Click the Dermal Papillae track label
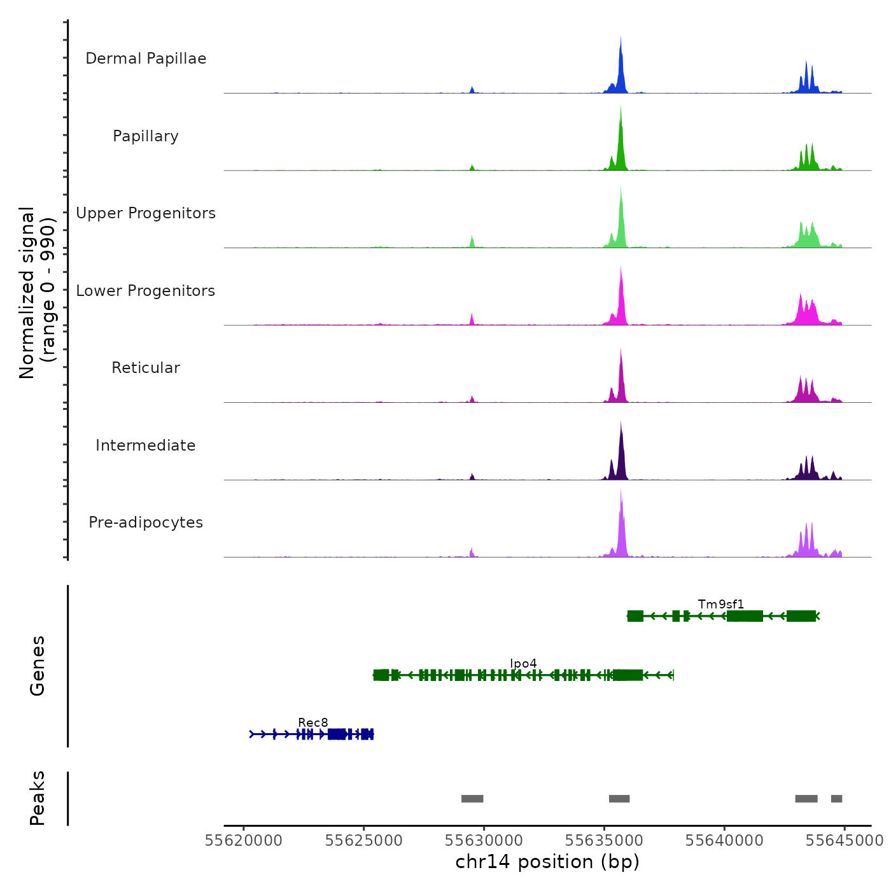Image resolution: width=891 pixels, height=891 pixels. [146, 59]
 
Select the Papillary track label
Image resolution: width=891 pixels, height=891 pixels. [146, 136]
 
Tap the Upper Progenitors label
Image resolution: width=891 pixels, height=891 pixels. [146, 213]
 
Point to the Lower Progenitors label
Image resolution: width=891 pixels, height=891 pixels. [146, 291]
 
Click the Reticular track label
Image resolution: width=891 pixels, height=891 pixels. [146, 368]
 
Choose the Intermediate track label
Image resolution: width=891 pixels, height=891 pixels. [146, 445]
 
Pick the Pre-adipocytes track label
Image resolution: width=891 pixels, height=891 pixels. [146, 523]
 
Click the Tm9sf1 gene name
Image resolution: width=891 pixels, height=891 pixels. [720, 604]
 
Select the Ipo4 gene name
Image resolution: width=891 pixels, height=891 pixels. [523, 664]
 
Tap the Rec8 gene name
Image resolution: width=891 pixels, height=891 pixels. [313, 723]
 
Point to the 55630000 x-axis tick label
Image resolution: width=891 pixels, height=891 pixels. [484, 840]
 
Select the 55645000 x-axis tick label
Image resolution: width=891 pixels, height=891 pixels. [845, 840]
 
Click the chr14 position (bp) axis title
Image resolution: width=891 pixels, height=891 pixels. [547, 862]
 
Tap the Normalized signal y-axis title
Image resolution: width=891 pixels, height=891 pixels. [37, 292]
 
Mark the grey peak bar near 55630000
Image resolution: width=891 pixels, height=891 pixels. [472, 799]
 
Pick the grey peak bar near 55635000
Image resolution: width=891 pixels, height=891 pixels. [619, 799]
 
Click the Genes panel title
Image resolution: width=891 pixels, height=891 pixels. [38, 666]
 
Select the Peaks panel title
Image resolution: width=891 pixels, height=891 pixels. [38, 798]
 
